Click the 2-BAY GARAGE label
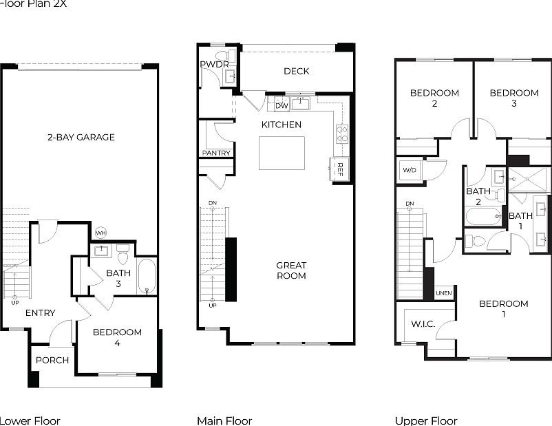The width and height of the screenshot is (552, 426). click(x=81, y=137)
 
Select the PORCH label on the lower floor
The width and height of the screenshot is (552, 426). click(x=52, y=360)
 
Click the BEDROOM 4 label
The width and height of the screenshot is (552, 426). click(x=117, y=337)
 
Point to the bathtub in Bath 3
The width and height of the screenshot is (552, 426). click(x=147, y=276)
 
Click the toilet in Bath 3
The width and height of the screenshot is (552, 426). click(x=123, y=255)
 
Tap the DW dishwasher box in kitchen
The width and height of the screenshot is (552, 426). click(x=281, y=106)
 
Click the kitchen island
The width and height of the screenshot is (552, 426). click(x=282, y=153)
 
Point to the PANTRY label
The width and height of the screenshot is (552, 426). click(x=216, y=153)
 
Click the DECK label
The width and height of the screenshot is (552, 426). click(x=296, y=71)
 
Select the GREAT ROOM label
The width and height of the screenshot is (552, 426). click(x=291, y=270)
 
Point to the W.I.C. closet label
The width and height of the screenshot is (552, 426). click(x=423, y=323)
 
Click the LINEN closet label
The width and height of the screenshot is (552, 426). click(x=444, y=294)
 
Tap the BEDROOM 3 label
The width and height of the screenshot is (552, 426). click(x=513, y=98)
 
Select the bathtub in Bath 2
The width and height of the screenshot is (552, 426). click(x=484, y=217)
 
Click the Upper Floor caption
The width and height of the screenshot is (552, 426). click(x=425, y=420)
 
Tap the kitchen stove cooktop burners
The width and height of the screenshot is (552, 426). click(x=341, y=134)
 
